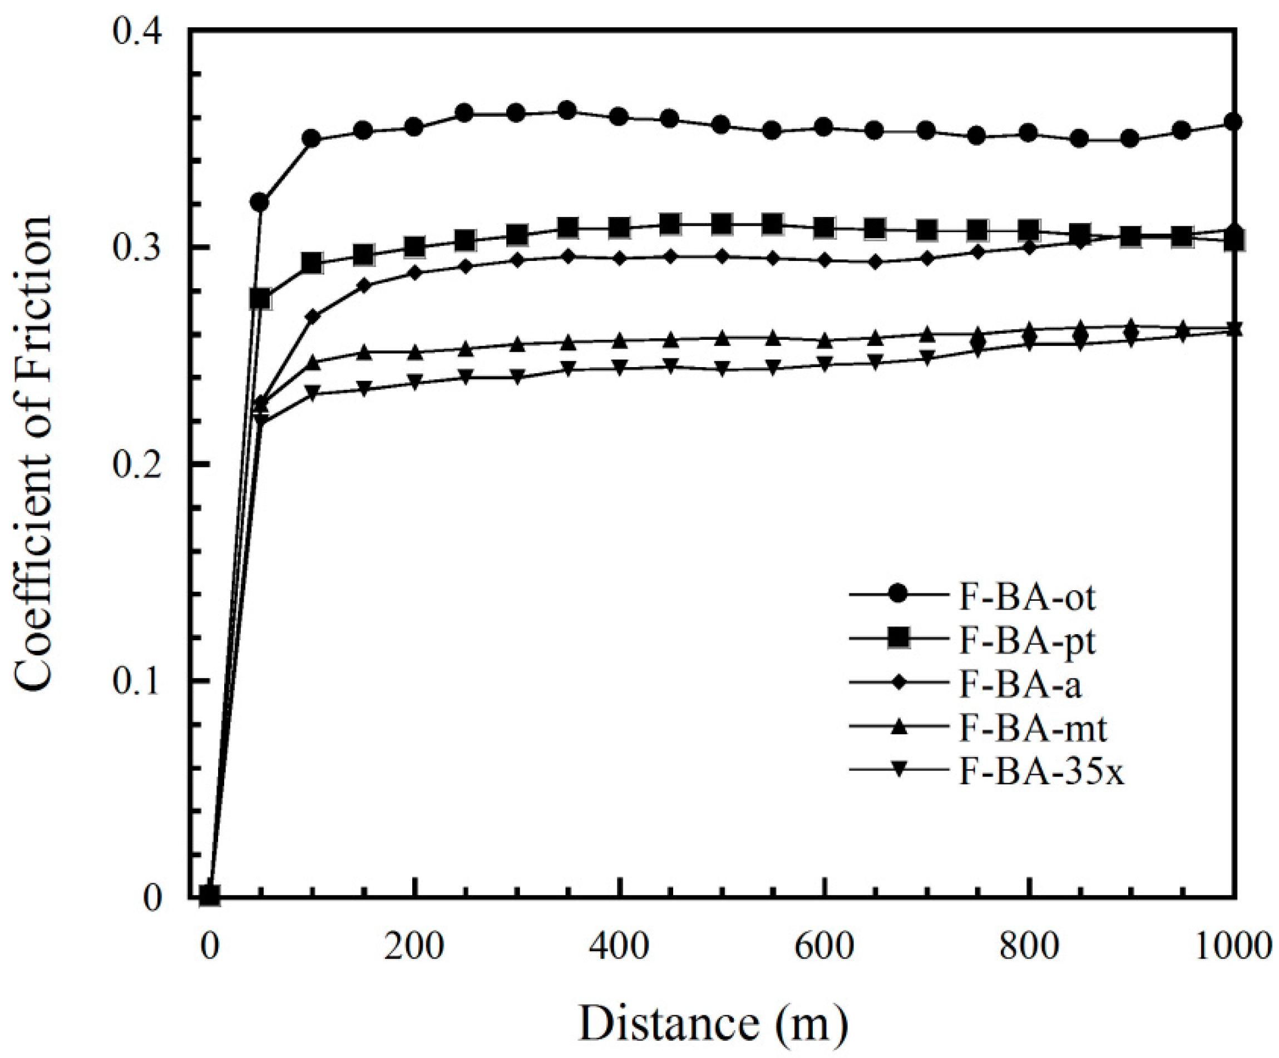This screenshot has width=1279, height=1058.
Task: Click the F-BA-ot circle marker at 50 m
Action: pos(260,201)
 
